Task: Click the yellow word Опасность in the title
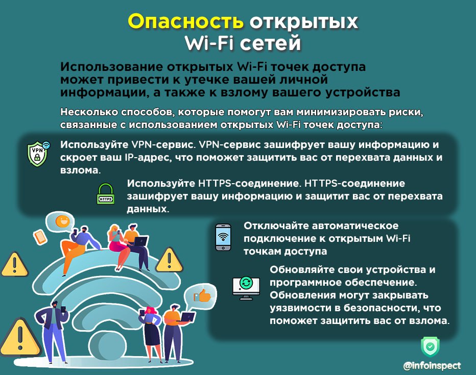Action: coord(185,21)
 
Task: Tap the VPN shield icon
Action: coord(38,154)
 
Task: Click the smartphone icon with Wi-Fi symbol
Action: coord(223,237)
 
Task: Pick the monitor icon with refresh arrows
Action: coord(246,288)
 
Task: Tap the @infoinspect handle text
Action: coord(432,366)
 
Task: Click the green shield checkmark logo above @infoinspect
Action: coord(430,346)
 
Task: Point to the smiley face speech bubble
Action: coord(62,221)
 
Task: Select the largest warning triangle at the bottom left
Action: coord(20,338)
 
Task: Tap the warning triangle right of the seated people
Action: coord(169,260)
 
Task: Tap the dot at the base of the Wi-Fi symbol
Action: coord(108,346)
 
